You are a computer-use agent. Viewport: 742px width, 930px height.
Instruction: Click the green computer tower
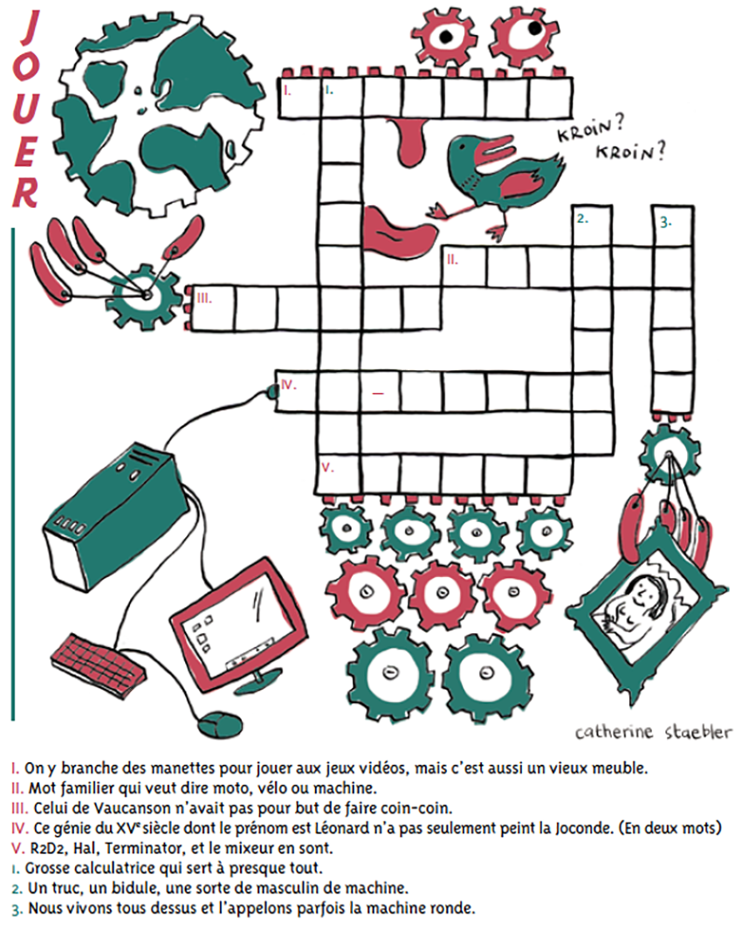click(x=111, y=509)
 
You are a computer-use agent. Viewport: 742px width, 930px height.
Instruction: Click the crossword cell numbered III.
click(x=212, y=307)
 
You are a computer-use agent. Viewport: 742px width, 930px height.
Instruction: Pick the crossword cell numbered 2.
click(x=592, y=226)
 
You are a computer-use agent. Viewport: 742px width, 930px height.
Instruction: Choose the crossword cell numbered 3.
click(x=673, y=226)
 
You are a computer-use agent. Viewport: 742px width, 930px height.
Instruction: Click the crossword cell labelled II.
click(x=465, y=267)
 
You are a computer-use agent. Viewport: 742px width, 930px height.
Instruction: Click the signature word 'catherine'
click(x=614, y=732)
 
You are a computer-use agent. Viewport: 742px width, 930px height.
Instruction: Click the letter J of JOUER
click(x=30, y=29)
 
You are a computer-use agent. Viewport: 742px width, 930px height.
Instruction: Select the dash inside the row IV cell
click(x=378, y=393)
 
